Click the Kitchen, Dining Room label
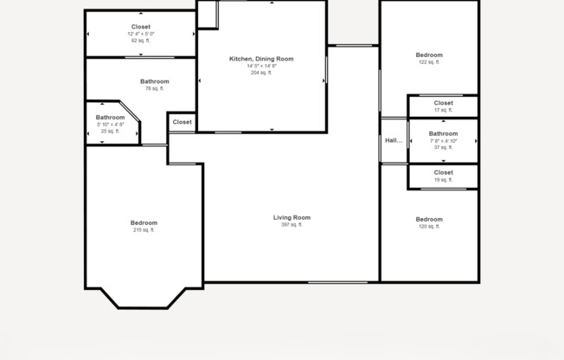pyautogui.click(x=261, y=59)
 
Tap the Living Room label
pyautogui.click(x=292, y=217)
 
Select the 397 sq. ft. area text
pyautogui.click(x=292, y=225)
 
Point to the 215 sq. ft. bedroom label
pyautogui.click(x=144, y=222)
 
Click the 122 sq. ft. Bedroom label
pyautogui.click(x=429, y=55)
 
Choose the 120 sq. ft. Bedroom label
pyautogui.click(x=429, y=219)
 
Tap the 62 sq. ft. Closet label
pyautogui.click(x=140, y=27)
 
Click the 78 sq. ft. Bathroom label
pyautogui.click(x=155, y=81)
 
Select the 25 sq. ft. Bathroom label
pyautogui.click(x=110, y=118)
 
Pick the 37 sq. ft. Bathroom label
pyautogui.click(x=443, y=133)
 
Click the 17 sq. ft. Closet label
pyautogui.click(x=443, y=103)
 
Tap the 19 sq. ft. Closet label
pyautogui.click(x=443, y=172)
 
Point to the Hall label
pyautogui.click(x=394, y=140)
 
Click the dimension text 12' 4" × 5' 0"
pyautogui.click(x=140, y=34)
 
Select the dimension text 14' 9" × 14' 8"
pyautogui.click(x=261, y=66)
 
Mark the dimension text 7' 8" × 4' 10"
pyautogui.click(x=443, y=140)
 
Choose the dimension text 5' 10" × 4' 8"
pyautogui.click(x=110, y=125)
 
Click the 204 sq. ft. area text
pyautogui.click(x=261, y=73)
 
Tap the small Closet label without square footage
pyautogui.click(x=182, y=122)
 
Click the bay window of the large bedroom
pyautogui.click(x=144, y=299)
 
